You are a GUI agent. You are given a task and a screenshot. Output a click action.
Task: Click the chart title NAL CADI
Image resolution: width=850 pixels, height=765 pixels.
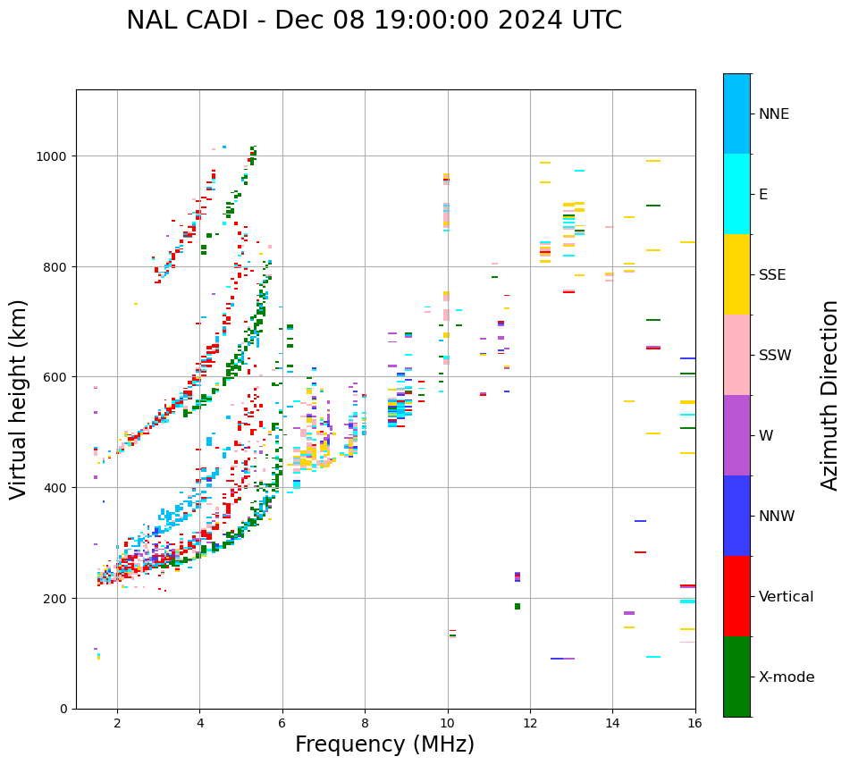(x=374, y=21)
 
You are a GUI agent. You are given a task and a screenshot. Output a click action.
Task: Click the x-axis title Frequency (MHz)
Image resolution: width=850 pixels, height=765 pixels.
(x=384, y=744)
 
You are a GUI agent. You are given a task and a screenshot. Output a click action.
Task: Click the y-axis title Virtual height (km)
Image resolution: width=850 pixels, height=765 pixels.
(x=19, y=399)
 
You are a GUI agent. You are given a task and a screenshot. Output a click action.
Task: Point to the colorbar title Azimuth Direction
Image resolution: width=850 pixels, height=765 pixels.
(x=830, y=395)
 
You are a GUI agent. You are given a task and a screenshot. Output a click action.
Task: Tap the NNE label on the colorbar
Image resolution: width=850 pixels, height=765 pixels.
(x=774, y=114)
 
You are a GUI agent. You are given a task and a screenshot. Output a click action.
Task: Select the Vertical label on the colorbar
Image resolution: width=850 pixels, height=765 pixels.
(x=787, y=597)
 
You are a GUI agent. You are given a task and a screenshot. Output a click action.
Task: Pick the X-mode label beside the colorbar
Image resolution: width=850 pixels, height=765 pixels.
(x=787, y=677)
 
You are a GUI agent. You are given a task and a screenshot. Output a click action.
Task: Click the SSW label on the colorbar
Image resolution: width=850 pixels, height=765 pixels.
(x=775, y=356)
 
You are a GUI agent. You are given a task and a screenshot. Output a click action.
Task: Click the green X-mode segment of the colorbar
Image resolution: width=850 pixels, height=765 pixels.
(x=736, y=677)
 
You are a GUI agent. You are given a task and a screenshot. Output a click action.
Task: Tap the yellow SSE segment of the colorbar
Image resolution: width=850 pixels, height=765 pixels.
(x=736, y=274)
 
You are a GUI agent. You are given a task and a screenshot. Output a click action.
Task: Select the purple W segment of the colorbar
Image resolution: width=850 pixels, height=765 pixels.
(x=736, y=435)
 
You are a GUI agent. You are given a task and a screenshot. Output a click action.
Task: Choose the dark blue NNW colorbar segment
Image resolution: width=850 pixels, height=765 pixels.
(x=736, y=516)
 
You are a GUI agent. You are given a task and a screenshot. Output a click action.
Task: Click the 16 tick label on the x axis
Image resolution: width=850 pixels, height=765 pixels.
(x=695, y=724)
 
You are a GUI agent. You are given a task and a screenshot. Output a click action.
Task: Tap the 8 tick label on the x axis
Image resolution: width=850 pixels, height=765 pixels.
(x=365, y=724)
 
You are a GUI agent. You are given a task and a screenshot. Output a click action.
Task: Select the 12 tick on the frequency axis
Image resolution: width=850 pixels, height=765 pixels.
(x=530, y=724)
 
